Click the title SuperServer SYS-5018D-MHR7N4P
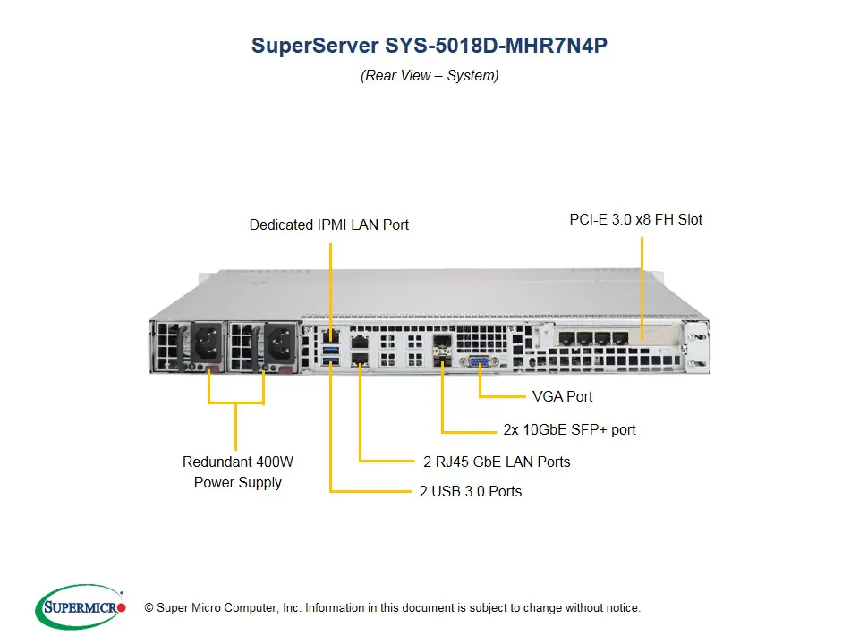tap(429, 46)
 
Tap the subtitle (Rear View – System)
tap(429, 76)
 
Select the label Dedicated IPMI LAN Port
tap(328, 225)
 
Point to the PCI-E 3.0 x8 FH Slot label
tap(635, 219)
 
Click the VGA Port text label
tap(562, 396)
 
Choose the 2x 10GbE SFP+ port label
tap(569, 429)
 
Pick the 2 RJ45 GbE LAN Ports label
tap(497, 462)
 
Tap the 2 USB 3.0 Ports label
tap(471, 491)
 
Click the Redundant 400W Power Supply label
tap(237, 472)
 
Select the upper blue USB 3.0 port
tap(332, 344)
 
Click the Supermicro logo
tap(81, 607)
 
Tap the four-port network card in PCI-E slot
tap(594, 341)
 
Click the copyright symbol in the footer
tap(149, 608)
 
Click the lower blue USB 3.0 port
tap(332, 360)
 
